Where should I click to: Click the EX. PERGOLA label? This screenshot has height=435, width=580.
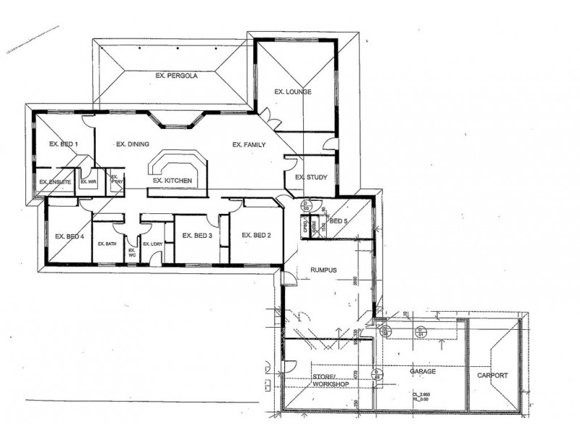177,75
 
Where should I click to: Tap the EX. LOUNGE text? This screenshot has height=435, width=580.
293,92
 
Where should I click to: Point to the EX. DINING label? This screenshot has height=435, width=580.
133,144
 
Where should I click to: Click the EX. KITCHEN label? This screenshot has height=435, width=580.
172,179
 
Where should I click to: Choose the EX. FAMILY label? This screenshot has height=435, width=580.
249,145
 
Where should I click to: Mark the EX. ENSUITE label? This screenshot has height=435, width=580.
54,181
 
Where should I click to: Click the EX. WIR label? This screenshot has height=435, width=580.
88,181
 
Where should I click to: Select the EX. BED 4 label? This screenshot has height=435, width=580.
70,236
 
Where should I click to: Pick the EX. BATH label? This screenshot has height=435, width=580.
107,244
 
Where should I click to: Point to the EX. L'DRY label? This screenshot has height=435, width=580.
152,244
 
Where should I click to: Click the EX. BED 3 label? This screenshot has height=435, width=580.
196,236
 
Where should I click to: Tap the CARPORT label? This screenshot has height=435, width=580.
492,376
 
